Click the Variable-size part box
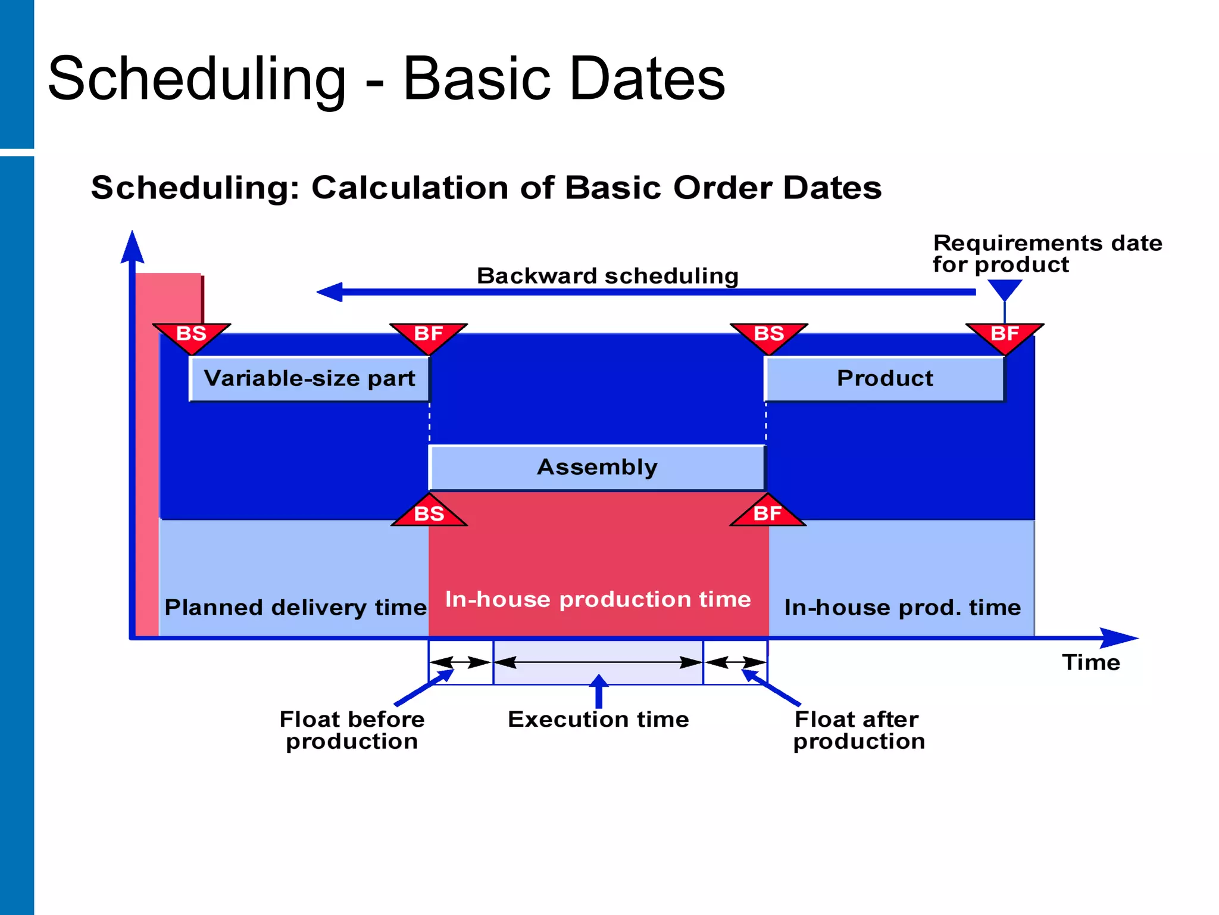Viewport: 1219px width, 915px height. (310, 379)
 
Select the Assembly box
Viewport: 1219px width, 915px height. (597, 468)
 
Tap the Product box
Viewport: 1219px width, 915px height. (884, 379)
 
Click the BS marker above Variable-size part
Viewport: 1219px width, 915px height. (191, 335)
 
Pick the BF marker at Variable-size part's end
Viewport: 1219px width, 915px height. (429, 335)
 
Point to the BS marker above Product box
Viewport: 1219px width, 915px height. (768, 335)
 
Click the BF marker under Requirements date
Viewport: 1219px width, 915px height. (1005, 335)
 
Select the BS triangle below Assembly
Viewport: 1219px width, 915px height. (429, 513)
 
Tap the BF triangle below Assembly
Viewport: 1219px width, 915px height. (767, 513)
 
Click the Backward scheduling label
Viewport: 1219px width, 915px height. (607, 276)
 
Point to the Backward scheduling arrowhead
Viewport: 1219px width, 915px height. (330, 292)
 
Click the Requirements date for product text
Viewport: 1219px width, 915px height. (1046, 254)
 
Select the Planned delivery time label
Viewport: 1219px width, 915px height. (295, 608)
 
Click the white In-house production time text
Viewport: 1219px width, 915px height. (598, 599)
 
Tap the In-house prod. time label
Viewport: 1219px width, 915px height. (902, 608)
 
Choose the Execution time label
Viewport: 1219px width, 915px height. (598, 720)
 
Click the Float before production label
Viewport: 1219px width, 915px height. (352, 730)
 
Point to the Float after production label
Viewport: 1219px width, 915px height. (858, 730)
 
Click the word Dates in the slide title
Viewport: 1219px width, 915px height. (647, 79)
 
